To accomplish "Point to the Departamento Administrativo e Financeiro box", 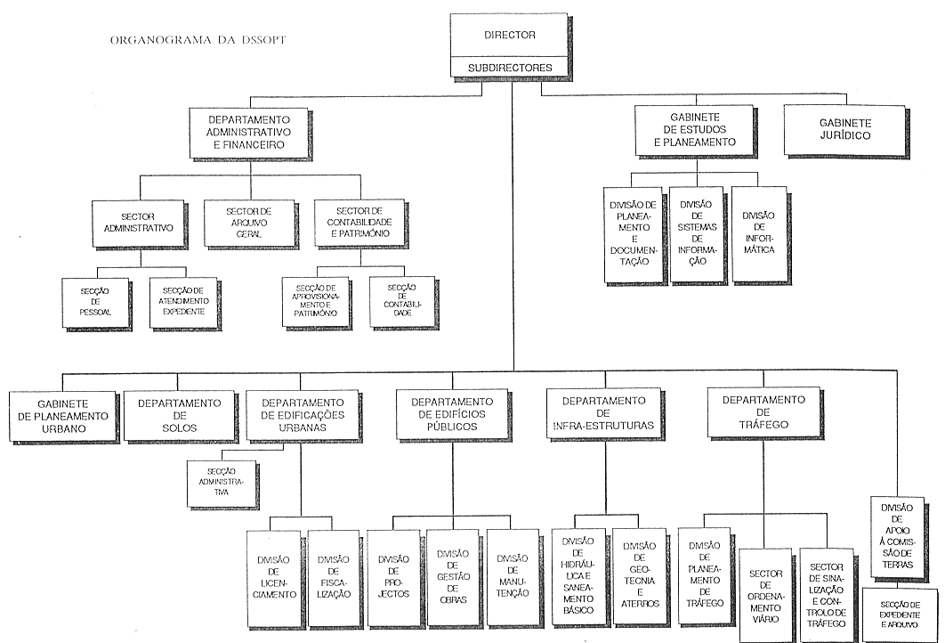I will pyautogui.click(x=247, y=132).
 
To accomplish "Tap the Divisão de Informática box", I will pyautogui.click(x=758, y=233).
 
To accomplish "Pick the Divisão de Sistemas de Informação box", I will pyautogui.click(x=695, y=234).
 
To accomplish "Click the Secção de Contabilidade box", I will pyautogui.click(x=401, y=302).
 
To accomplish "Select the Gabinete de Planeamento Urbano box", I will pyautogui.click(x=61, y=415).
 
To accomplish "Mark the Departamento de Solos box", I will pyautogui.click(x=179, y=415).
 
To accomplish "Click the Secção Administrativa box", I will pyautogui.click(x=220, y=482).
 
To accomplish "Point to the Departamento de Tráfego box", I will pyautogui.click(x=763, y=412).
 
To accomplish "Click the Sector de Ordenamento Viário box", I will pyautogui.click(x=764, y=594).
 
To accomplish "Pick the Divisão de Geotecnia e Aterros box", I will pyautogui.click(x=639, y=576).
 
